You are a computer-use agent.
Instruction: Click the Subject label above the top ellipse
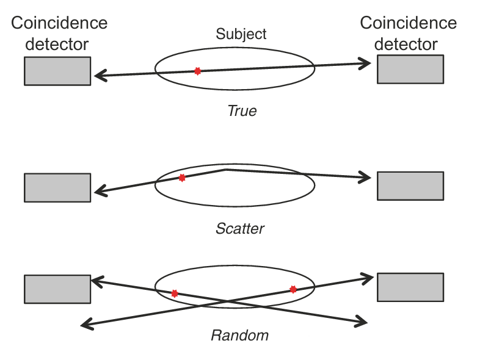point(241,34)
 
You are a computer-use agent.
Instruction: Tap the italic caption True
point(242,111)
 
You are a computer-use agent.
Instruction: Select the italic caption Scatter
point(240,229)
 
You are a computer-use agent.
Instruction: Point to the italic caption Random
point(239,336)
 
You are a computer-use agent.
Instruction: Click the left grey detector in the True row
point(57,71)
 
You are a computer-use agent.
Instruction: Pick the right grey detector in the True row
point(410,69)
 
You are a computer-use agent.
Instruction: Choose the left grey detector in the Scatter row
point(57,187)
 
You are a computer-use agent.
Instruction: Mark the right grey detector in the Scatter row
point(410,185)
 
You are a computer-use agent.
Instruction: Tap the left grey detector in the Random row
point(57,289)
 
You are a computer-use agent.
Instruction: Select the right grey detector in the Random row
point(410,287)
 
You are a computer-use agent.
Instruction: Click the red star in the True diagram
point(197,71)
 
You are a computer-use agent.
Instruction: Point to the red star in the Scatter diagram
point(182,178)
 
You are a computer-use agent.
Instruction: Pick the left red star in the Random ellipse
point(175,293)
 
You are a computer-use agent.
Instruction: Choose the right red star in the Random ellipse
point(293,289)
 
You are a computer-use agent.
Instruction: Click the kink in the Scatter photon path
point(227,169)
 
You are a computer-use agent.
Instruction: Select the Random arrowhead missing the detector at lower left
point(86,325)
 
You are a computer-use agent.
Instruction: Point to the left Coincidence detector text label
point(59,34)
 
